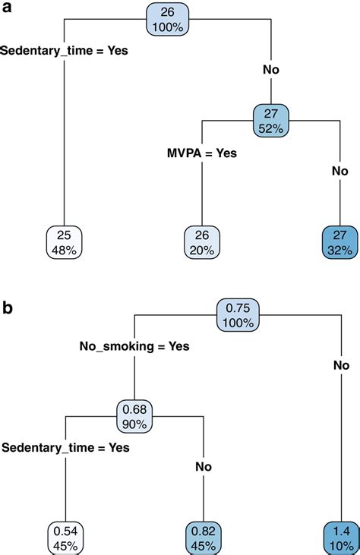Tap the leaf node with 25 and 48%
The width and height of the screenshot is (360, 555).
pyautogui.click(x=64, y=241)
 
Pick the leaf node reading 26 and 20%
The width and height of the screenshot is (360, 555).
pyautogui.click(x=203, y=241)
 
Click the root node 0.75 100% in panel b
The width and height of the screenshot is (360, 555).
pyautogui.click(x=238, y=314)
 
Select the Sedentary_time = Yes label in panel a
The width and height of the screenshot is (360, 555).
pyautogui.click(x=65, y=52)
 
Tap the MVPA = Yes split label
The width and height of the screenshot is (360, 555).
pyautogui.click(x=202, y=153)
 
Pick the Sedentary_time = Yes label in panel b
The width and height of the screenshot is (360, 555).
pyautogui.click(x=65, y=448)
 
